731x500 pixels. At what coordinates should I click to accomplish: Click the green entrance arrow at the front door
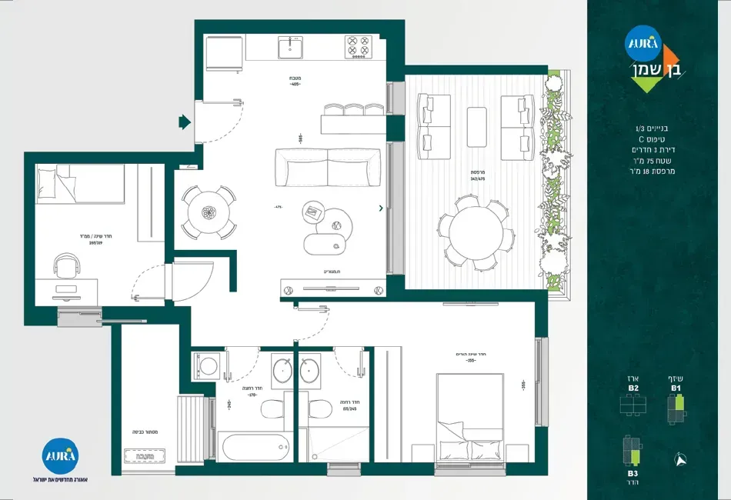pos(185,122)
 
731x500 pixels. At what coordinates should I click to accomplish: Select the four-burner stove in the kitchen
pos(358,46)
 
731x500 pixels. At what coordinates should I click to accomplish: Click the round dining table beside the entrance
pos(209,212)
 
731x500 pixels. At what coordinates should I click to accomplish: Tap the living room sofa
pos(328,167)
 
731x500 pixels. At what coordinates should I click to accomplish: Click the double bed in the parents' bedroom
pos(469,419)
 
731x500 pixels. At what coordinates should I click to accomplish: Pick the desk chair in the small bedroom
pos(67,268)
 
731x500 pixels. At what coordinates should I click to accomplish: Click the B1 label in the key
pos(676,388)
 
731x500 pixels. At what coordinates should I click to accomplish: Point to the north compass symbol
pos(681,458)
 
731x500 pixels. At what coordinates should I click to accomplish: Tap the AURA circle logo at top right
pos(643,44)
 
